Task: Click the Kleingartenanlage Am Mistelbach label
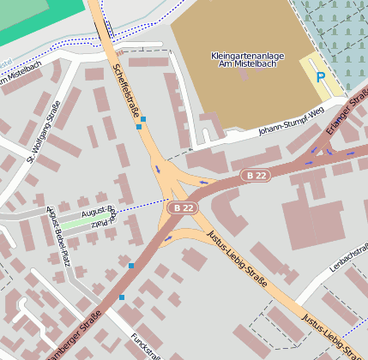click(x=246, y=59)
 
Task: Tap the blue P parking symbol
click(x=321, y=77)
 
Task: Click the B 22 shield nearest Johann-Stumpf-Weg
click(x=255, y=175)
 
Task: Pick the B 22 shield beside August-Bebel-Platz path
click(x=182, y=207)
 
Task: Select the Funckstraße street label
click(x=146, y=346)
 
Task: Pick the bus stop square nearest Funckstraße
click(x=122, y=297)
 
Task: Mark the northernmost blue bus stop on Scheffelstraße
click(x=143, y=118)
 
